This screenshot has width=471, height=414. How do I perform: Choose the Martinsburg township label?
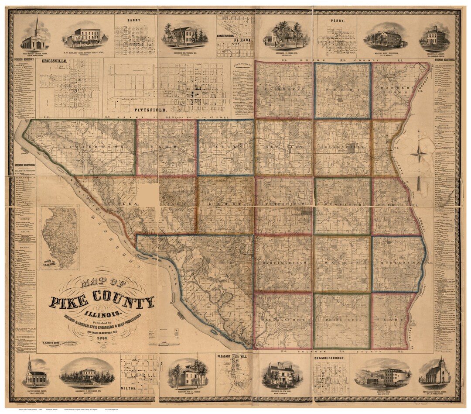283,263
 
